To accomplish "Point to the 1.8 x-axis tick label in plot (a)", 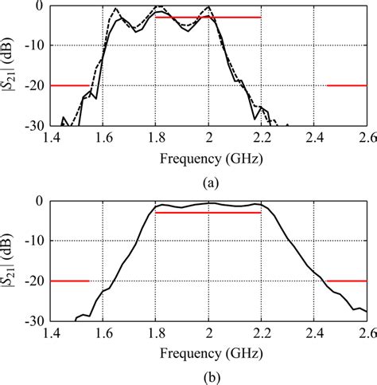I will [x=155, y=138].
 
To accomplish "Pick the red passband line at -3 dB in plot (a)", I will [x=208, y=18].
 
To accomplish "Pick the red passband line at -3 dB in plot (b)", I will [x=208, y=213].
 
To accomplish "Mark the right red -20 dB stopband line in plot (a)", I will [x=346, y=85].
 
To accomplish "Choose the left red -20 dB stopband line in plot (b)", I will [x=69, y=281].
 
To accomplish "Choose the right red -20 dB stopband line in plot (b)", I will [x=346, y=281].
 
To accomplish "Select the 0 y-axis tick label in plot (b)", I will [x=39, y=201].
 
